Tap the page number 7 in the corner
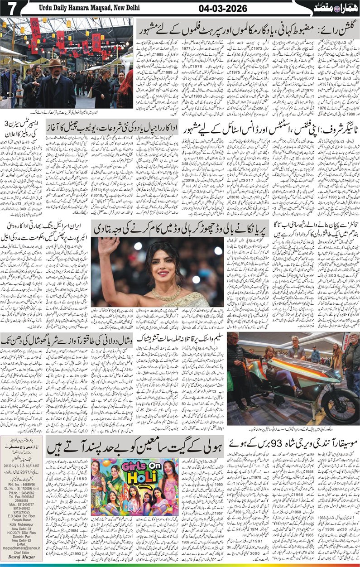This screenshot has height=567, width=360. tap(10, 8)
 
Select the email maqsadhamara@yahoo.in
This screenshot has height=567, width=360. tap(23, 549)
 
